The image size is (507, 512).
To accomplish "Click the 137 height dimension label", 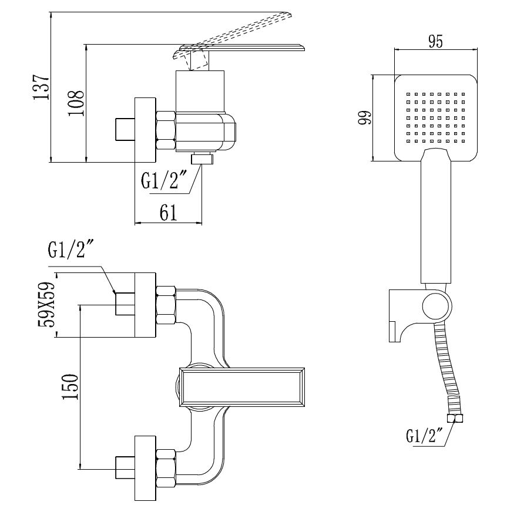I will pos(41,87).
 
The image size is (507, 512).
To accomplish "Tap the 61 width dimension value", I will pos(169,214).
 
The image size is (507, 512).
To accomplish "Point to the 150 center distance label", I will pos(70,387).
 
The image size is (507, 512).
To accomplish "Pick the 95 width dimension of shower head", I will pos(435,42).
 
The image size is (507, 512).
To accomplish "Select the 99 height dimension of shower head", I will pos(364,117).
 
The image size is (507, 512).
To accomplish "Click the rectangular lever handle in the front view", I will pos(243,387).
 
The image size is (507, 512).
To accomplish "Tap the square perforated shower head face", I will pos(435,117).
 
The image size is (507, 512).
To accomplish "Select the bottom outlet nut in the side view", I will pos(203,159).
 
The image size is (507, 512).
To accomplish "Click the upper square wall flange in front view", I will pos(145,305).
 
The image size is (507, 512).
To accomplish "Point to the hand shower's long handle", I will pos(435,223).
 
